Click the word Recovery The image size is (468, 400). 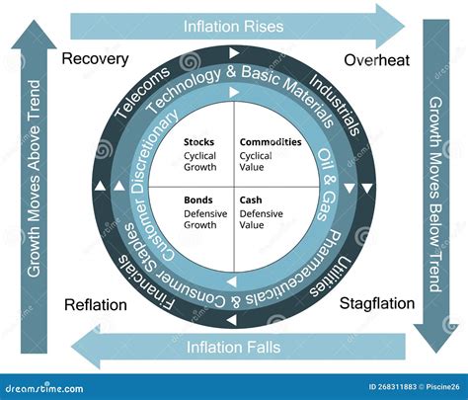[95, 59]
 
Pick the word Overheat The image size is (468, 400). [376, 60]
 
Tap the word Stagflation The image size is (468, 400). [376, 303]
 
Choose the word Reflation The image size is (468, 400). [95, 304]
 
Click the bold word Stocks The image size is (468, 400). [198, 142]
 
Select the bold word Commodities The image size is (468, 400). [271, 142]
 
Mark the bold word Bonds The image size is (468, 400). [197, 200]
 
